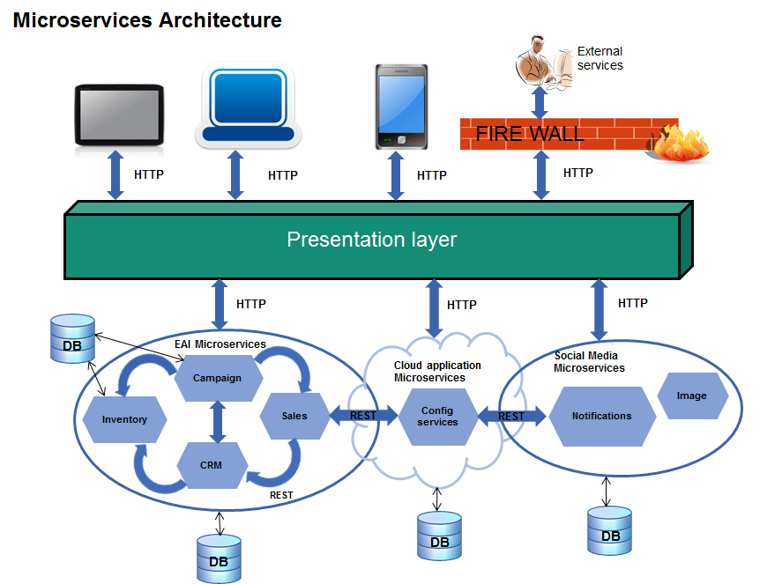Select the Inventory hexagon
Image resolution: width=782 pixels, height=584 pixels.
(x=124, y=419)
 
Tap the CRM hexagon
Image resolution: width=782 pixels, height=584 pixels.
(x=212, y=465)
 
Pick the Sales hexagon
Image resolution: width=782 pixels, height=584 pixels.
(x=294, y=416)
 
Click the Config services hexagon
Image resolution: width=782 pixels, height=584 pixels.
(x=438, y=417)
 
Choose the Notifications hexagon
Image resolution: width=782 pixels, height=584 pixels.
(x=602, y=416)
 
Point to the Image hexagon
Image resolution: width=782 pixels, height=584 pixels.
(x=692, y=395)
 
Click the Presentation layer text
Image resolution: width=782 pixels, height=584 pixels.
(x=372, y=240)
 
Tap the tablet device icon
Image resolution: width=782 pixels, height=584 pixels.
(x=120, y=115)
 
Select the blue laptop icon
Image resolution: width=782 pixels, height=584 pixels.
(x=247, y=104)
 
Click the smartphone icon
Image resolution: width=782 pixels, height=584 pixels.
(x=401, y=107)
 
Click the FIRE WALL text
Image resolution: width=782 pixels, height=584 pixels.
(x=530, y=134)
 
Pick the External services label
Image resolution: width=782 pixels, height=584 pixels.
(x=600, y=58)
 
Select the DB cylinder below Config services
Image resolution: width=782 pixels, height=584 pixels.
(x=439, y=536)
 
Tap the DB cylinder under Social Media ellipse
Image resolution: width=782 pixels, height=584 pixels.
(x=609, y=529)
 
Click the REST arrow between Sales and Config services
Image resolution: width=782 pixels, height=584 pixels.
(x=363, y=416)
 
